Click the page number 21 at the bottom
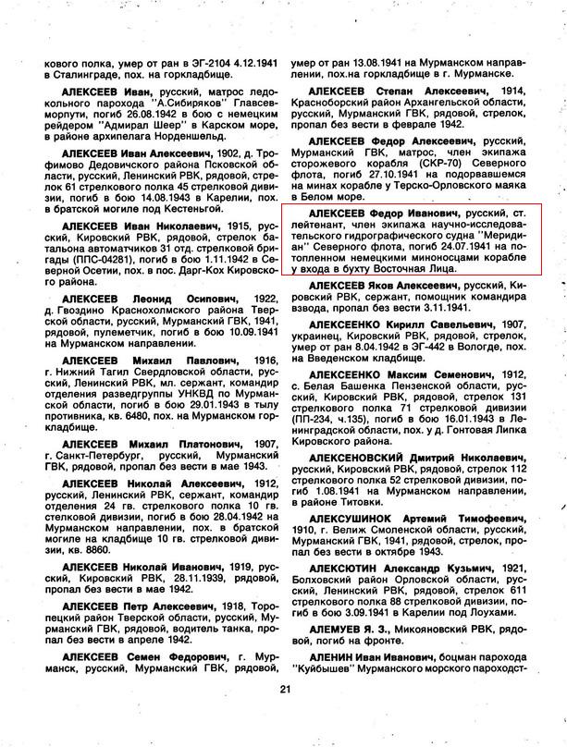coord(285,688)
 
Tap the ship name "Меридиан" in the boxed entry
coord(500,236)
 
